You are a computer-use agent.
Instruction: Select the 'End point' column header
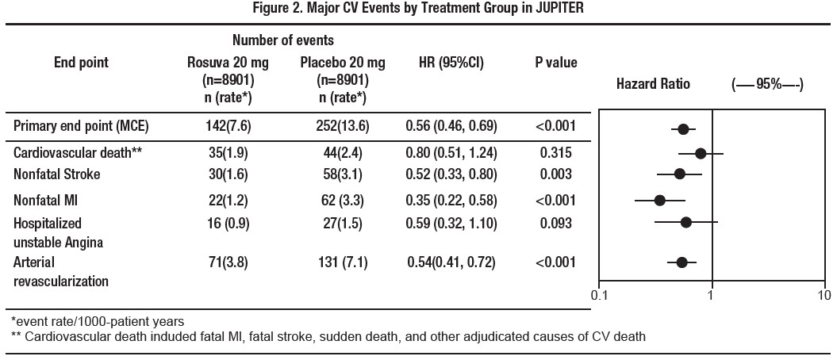80,63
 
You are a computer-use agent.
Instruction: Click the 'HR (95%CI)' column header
451,63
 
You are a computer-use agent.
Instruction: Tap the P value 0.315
555,152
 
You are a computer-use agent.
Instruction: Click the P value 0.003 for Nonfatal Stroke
555,174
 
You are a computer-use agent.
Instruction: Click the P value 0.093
555,224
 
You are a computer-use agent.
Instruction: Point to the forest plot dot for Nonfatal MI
660,200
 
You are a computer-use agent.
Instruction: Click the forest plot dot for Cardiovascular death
701,153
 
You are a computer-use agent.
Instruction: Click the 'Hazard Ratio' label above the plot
653,84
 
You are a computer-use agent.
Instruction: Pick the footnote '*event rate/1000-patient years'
97,321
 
